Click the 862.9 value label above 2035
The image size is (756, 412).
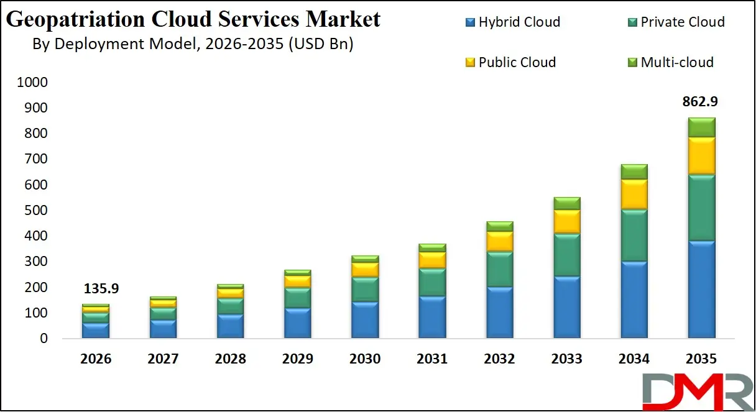701,102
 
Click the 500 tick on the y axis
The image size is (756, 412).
37,211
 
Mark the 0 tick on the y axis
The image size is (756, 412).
44,339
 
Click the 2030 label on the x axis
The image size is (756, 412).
364,359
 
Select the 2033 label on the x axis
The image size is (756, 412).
566,359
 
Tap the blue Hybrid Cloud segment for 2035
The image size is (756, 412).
701,289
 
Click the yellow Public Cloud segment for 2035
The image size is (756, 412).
701,156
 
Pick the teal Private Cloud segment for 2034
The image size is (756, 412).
634,236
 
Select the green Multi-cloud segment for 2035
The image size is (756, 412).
701,127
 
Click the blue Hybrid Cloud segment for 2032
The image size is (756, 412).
499,313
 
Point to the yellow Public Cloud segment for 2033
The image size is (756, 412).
566,222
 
